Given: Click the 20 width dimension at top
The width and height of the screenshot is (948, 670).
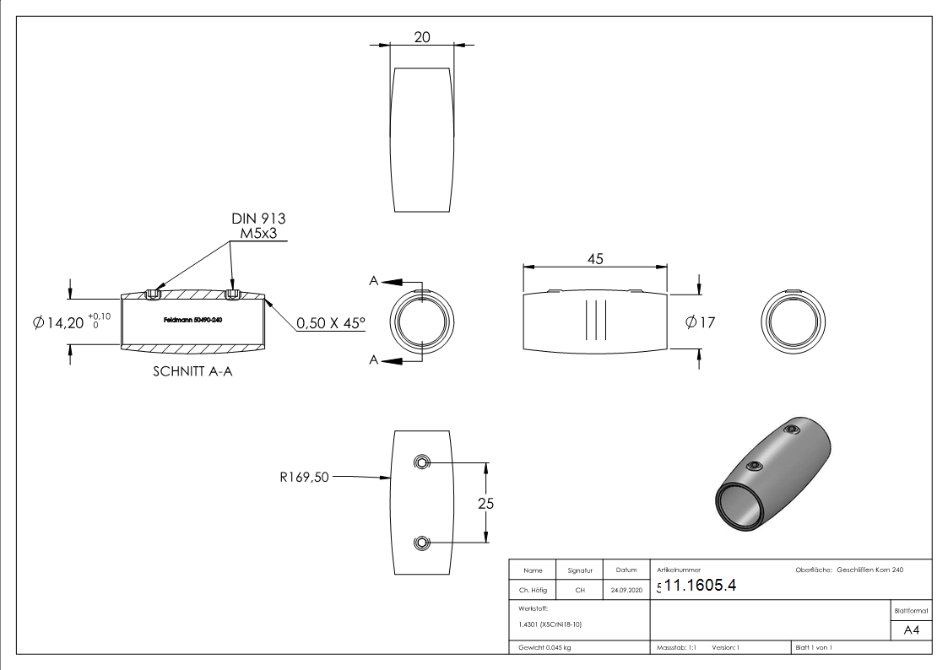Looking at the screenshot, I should [x=422, y=37].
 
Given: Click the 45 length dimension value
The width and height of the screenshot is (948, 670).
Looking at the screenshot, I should [x=595, y=260].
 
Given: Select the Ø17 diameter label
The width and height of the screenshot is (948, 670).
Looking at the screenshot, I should [x=701, y=322].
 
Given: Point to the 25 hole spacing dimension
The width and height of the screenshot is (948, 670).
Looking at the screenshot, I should [x=485, y=504].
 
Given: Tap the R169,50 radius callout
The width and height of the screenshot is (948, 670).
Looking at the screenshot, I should [x=304, y=478].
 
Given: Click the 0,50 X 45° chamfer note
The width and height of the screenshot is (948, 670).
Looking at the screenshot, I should [x=331, y=322].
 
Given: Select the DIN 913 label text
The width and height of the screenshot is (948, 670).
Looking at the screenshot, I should [x=258, y=219].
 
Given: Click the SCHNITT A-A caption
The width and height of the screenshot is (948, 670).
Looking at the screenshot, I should [x=192, y=371].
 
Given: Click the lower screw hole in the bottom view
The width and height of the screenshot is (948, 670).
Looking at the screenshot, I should [x=421, y=543].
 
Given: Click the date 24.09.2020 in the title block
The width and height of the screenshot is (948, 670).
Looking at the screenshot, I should [x=626, y=591].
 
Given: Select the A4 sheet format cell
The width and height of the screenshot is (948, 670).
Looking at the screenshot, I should [x=912, y=631].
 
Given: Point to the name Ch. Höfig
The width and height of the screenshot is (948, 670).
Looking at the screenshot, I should [x=533, y=591].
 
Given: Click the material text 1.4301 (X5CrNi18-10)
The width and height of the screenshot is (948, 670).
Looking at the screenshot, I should [x=550, y=624].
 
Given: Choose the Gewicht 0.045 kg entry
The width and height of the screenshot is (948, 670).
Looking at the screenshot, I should [x=545, y=647].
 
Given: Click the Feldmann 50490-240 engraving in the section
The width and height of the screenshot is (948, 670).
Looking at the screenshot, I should [x=193, y=321].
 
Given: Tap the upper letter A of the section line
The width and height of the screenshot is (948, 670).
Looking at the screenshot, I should [x=373, y=281].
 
